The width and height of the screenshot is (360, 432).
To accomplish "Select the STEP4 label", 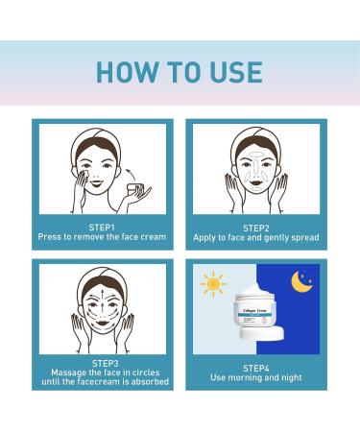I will point(256,366).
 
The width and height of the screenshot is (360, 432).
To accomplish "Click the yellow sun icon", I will point(213,283).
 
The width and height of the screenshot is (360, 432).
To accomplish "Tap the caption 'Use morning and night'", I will point(256,377).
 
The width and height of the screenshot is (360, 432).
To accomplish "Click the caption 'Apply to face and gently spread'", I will point(256,236).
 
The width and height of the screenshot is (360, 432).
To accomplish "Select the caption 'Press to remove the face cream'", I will point(102,236).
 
